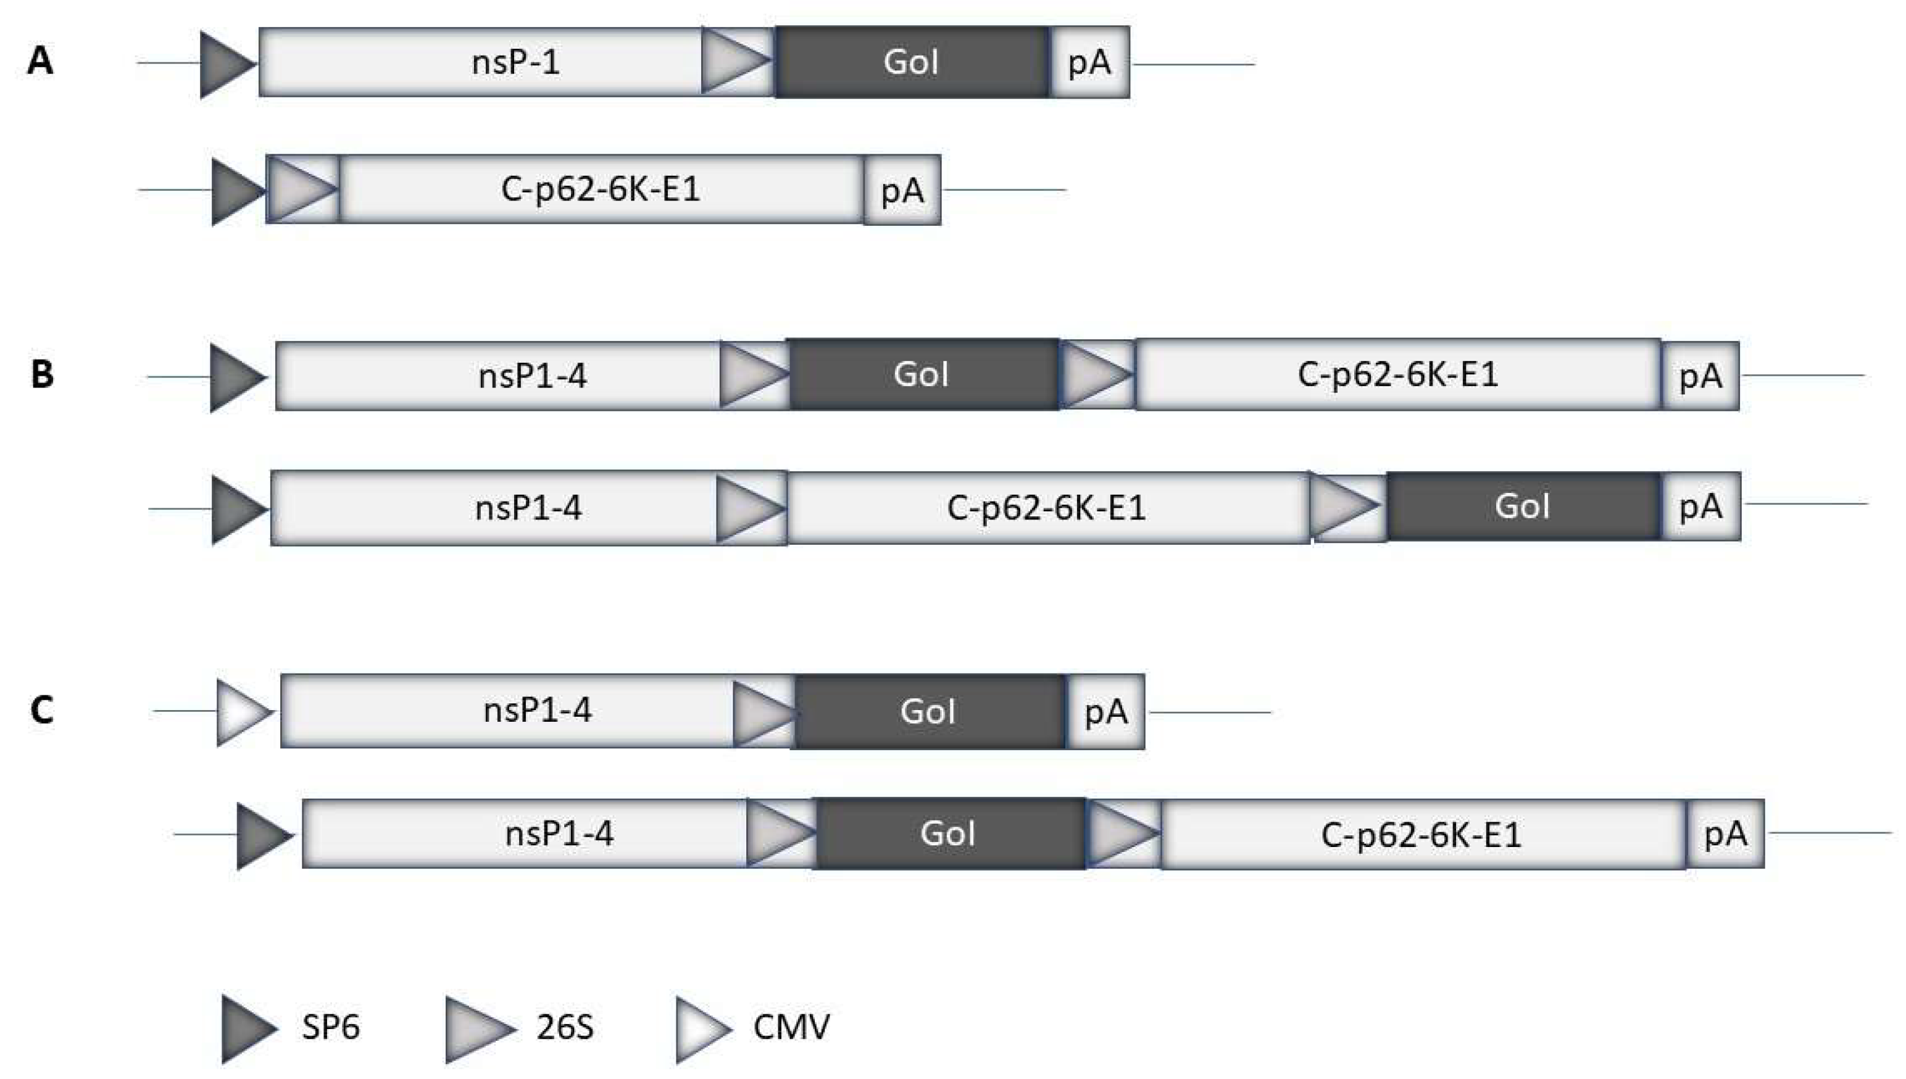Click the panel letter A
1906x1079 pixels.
[x=40, y=61]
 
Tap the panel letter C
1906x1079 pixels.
[x=41, y=710]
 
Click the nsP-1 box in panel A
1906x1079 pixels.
[x=480, y=62]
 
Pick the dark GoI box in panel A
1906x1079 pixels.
[x=912, y=62]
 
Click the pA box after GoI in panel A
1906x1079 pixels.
[x=1090, y=62]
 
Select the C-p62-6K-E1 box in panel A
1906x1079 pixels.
[x=601, y=189]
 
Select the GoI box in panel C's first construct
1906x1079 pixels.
[x=929, y=711]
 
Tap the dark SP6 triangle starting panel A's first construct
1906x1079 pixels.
[x=228, y=65]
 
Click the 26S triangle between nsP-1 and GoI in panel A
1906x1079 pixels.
[x=738, y=61]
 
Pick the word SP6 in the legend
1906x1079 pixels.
[x=331, y=1027]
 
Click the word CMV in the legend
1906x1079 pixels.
[x=792, y=1027]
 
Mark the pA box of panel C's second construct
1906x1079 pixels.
[x=1726, y=833]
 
